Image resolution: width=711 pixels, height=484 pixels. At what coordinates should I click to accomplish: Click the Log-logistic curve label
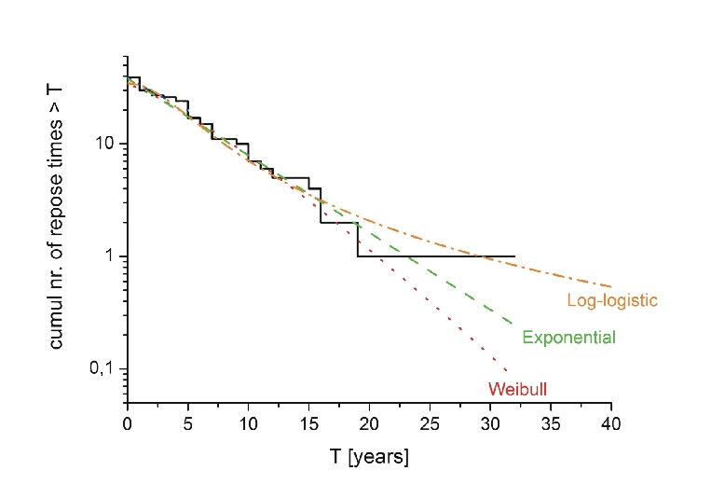click(612, 300)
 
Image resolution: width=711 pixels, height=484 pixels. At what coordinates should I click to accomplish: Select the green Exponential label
click(568, 338)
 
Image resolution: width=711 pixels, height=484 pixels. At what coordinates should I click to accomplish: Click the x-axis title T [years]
click(369, 457)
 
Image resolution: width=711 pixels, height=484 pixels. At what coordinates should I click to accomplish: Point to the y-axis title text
click(57, 235)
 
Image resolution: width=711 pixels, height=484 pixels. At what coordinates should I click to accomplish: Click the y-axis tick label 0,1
click(101, 369)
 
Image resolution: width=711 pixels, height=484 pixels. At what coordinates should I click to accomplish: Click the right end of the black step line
click(514, 256)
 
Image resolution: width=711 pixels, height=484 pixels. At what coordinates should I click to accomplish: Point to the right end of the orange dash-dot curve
click(611, 286)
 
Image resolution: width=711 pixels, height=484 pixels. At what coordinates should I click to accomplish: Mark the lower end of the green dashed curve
click(513, 325)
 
